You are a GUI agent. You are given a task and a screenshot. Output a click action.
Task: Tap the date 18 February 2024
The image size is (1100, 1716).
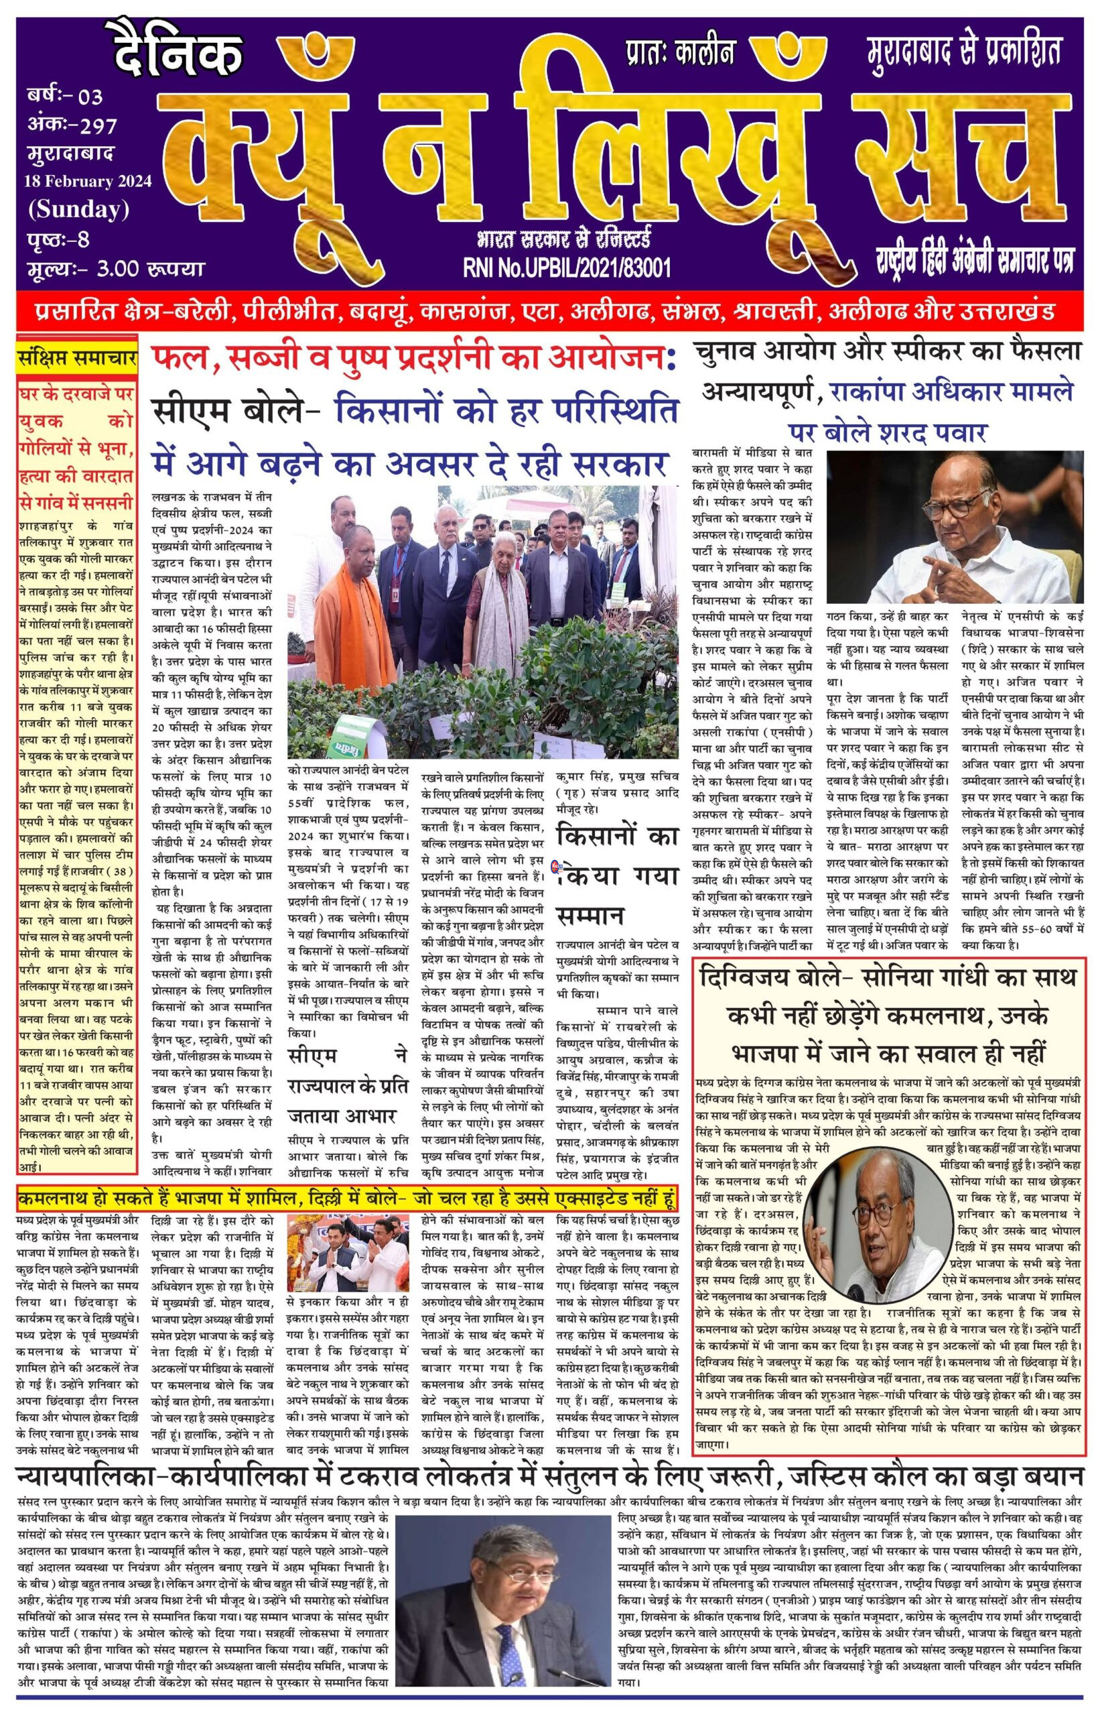(88, 181)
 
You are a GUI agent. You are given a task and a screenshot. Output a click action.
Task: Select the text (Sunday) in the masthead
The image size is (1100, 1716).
(78, 209)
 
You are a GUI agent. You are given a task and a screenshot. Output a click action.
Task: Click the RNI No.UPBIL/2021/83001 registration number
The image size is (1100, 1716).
(567, 267)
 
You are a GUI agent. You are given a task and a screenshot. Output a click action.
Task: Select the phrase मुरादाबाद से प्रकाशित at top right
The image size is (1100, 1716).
(963, 52)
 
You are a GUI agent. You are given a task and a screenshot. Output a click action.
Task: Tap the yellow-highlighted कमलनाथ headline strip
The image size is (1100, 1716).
(346, 1198)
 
